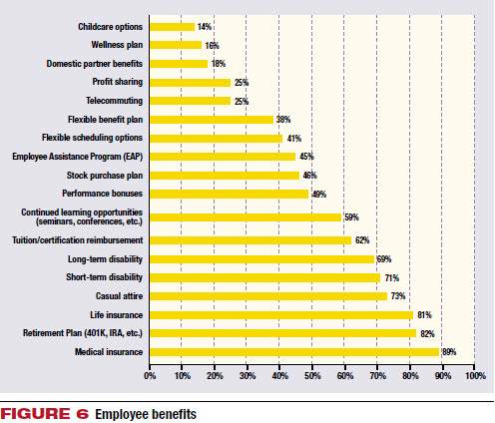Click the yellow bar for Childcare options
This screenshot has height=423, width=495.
tap(172, 27)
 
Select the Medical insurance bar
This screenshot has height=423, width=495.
tap(294, 352)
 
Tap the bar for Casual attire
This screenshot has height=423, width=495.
tap(268, 296)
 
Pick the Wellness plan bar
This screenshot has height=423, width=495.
tap(176, 45)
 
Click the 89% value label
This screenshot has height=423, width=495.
tap(449, 352)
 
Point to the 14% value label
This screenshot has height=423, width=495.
tap(205, 27)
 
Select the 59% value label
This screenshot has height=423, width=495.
tap(351, 217)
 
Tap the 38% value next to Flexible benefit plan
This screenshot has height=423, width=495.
tap(283, 120)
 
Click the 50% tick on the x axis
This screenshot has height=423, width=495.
tap(312, 376)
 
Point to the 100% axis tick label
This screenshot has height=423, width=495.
tap(476, 376)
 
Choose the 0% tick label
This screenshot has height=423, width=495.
tap(150, 376)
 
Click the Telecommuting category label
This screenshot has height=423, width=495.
tap(115, 101)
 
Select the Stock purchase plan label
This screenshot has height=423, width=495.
tap(105, 176)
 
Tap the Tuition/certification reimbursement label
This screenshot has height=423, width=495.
tap(78, 240)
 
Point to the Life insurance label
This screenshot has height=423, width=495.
tap(117, 315)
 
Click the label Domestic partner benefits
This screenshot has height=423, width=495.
tap(95, 64)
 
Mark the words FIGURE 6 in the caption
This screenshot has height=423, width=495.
tap(45, 414)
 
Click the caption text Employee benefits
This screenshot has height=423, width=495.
tap(146, 414)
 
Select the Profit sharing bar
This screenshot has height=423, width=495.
tap(190, 83)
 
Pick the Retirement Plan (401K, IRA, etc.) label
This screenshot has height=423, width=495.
tap(83, 333)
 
